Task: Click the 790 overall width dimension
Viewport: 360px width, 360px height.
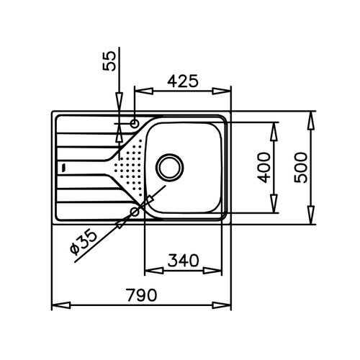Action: click(x=142, y=294)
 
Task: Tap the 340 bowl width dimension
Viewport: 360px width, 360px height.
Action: click(x=184, y=261)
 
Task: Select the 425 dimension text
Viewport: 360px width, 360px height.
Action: click(x=183, y=81)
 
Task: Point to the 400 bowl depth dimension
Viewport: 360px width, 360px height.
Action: click(x=264, y=168)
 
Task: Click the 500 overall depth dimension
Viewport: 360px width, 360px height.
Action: click(x=301, y=168)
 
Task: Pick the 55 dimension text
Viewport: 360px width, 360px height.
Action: click(x=109, y=61)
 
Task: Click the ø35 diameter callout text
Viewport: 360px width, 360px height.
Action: click(x=84, y=242)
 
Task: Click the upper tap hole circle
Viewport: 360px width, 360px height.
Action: click(x=135, y=124)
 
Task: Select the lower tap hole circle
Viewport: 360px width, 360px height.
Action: click(x=135, y=212)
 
